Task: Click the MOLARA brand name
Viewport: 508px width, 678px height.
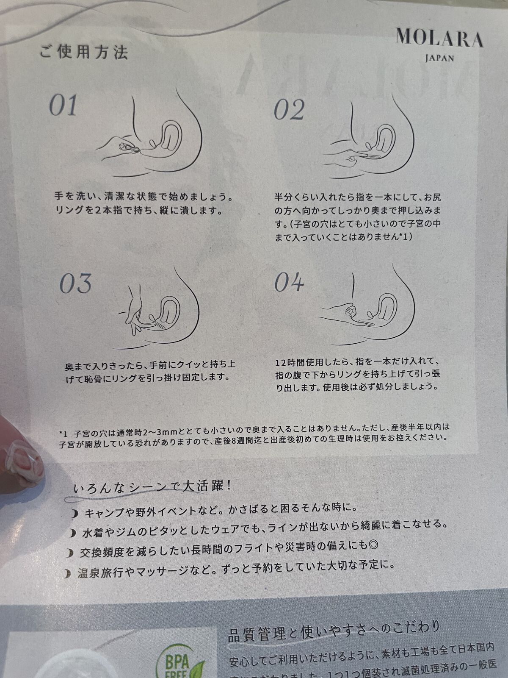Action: pos(439,38)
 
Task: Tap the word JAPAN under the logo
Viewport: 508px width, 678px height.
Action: pos(439,58)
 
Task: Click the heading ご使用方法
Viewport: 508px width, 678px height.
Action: pos(83,52)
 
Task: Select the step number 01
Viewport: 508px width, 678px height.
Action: pos(63,105)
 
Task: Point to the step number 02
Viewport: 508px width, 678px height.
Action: pos(289,109)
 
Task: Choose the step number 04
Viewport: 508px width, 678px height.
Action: pos(289,282)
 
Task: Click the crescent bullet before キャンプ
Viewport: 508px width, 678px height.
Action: pos(75,514)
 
